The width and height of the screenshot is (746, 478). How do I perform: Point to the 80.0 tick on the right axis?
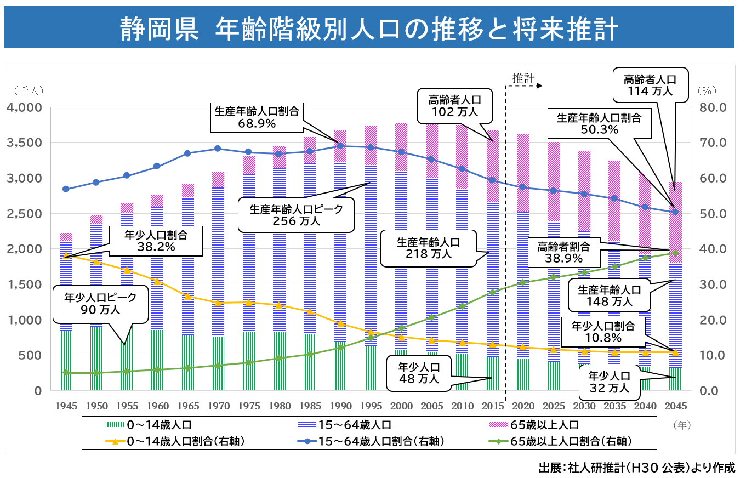click(713, 107)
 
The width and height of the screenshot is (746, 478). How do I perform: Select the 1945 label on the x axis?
click(66, 406)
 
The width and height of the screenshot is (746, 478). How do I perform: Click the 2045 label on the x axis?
click(675, 406)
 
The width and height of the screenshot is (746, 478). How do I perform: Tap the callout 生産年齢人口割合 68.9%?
click(257, 117)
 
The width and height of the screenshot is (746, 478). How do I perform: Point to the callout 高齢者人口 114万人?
click(650, 85)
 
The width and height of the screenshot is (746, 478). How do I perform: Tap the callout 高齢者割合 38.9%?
click(563, 252)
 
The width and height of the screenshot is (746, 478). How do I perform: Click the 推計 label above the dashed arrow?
click(523, 78)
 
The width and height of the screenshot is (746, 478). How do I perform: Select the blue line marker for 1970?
click(218, 149)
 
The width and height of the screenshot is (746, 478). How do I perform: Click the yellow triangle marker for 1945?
click(66, 255)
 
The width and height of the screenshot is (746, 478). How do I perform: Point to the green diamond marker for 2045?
click(675, 253)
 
